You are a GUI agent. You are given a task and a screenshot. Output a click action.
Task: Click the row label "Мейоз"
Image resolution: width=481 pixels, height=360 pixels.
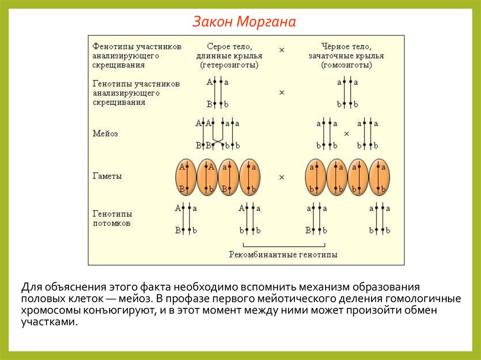[x=106, y=133]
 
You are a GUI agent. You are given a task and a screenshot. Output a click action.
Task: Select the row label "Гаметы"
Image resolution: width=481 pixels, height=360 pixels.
[x=108, y=176]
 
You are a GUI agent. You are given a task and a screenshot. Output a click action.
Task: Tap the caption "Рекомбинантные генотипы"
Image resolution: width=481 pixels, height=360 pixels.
[x=283, y=255]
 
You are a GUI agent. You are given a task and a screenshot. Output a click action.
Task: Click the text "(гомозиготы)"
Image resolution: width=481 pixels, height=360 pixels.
[x=347, y=65]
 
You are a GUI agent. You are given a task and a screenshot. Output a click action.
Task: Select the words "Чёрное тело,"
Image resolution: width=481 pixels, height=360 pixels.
[x=347, y=46]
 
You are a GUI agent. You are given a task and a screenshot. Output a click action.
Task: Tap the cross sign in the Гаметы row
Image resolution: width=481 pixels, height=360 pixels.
[x=282, y=177]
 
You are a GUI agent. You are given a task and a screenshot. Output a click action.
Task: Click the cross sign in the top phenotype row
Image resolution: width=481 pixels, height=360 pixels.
[x=282, y=49]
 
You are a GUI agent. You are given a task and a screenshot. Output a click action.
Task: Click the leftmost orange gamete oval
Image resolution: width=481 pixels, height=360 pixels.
[x=186, y=177]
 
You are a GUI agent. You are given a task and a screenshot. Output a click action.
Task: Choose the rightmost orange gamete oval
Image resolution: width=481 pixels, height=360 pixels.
[x=380, y=177]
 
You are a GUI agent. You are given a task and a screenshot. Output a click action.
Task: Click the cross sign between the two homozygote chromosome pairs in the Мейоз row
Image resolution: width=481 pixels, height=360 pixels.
[x=347, y=134]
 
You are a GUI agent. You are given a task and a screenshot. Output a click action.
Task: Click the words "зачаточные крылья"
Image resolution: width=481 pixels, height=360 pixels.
[x=347, y=56]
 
